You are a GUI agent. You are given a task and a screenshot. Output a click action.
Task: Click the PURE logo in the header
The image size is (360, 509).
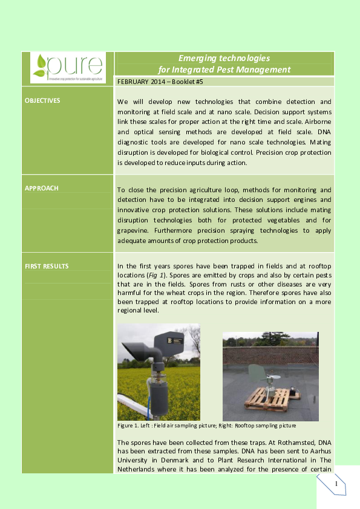pyautogui.click(x=68, y=66)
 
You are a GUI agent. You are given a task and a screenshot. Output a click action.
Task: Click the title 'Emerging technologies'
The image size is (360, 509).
pyautogui.click(x=223, y=58)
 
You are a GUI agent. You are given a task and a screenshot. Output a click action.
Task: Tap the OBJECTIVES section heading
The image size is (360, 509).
pyautogui.click(x=42, y=100)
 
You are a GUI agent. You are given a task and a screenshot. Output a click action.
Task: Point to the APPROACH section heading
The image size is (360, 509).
pyautogui.click(x=42, y=188)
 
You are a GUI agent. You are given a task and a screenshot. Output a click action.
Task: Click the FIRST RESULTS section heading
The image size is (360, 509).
pyautogui.click(x=47, y=266)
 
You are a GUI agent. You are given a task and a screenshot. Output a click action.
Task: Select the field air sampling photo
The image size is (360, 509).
pyautogui.click(x=159, y=371)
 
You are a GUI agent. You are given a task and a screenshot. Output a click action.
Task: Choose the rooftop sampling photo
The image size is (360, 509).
pyautogui.click(x=270, y=375)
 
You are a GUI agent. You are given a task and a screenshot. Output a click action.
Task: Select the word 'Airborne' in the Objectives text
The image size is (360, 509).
pyautogui.click(x=316, y=121)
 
